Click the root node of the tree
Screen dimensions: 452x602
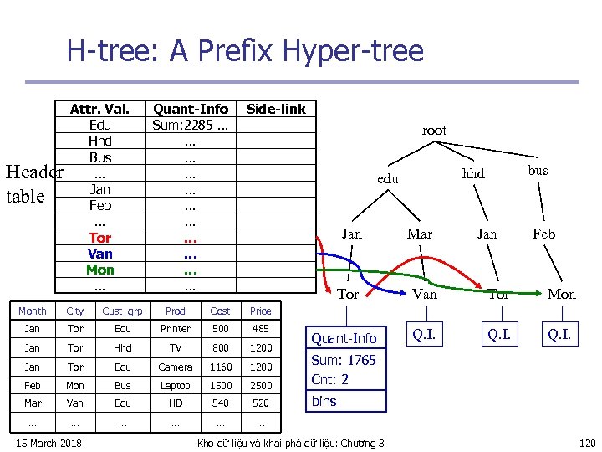434,131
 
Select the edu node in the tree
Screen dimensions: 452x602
388,179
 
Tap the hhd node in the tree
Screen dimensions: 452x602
474,173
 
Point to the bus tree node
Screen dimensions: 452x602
538,170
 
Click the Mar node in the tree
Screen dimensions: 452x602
419,234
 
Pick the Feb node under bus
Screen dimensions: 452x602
543,234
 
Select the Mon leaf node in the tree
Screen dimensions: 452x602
562,294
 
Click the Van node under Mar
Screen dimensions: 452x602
425,294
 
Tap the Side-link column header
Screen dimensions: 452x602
276,109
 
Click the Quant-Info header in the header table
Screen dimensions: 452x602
190,109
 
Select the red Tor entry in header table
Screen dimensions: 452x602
100,238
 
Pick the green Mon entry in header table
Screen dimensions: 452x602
100,270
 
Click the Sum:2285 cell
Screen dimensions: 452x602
190,125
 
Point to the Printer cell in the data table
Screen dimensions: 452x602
176,329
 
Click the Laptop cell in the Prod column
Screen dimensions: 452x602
176,386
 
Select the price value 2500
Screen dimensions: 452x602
261,386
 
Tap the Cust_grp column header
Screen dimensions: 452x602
122,311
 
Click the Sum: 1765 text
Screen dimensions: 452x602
343,360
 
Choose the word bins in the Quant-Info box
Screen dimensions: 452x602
324,401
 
